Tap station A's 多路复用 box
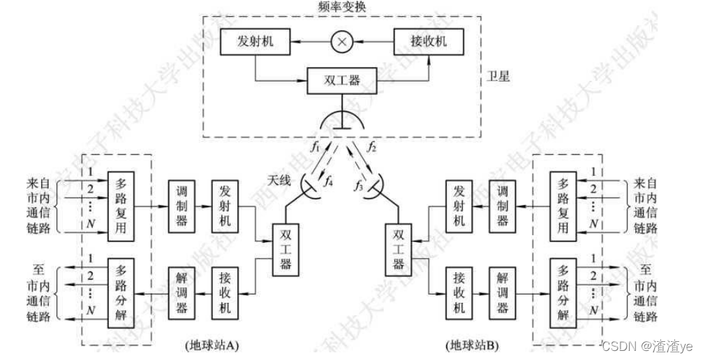121,207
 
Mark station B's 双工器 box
399,248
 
